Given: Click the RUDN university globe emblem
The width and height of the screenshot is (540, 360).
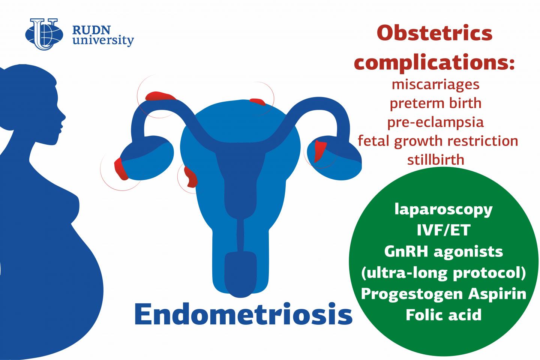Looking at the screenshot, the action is click(44, 34).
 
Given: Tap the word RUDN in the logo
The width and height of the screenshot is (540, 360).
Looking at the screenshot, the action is click(91, 30).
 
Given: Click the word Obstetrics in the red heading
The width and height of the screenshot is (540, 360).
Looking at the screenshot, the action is click(434, 33).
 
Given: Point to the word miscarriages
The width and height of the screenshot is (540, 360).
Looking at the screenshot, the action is click(436, 85).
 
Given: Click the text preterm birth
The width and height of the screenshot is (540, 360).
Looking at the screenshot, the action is click(436, 103).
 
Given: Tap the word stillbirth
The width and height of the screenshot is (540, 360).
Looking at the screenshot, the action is click(436, 160).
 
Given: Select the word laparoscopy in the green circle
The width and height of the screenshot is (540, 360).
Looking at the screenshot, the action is click(444, 210).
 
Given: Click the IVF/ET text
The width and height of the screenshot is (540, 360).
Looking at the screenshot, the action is click(444, 230).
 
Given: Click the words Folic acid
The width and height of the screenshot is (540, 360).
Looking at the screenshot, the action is click(444, 315).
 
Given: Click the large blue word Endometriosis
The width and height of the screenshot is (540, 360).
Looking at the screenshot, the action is click(243, 314).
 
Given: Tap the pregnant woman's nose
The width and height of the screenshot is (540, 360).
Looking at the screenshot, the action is click(63, 117).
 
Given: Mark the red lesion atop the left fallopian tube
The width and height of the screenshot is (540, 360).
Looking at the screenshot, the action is click(160, 96).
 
